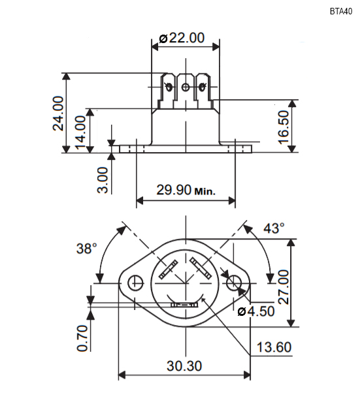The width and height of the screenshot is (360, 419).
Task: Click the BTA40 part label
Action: coord(341,12)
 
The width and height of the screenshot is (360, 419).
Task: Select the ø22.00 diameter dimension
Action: coord(182,38)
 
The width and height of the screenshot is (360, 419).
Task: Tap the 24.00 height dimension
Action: coord(58,114)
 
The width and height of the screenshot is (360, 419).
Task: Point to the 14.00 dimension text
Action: coord(80,132)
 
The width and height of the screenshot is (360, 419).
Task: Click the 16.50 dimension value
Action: coord(284,127)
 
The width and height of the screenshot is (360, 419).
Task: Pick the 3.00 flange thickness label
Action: coord(103,180)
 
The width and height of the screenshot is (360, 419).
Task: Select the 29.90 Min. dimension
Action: coord(186,190)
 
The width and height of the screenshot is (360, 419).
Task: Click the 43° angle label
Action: coord(274,228)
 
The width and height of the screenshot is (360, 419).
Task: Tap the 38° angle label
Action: coord(87,248)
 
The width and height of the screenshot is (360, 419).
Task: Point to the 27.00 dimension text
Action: coord(284,287)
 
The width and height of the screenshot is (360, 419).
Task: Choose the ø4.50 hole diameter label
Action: coord(256,311)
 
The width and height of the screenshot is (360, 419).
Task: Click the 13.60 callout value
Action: coord(274,347)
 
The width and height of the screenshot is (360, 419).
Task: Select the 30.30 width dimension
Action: coord(184,366)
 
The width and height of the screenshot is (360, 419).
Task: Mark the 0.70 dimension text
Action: coord(82,338)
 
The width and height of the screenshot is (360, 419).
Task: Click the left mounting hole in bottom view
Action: coord(135,283)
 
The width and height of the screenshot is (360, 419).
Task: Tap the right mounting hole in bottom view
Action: coord(234,283)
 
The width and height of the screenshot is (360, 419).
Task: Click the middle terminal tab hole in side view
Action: coord(186,87)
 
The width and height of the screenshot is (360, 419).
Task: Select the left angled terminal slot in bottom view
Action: coord(168,269)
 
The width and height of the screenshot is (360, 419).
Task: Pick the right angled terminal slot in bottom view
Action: coord(199,268)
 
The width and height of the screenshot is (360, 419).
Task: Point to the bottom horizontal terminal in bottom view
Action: coord(184,305)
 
